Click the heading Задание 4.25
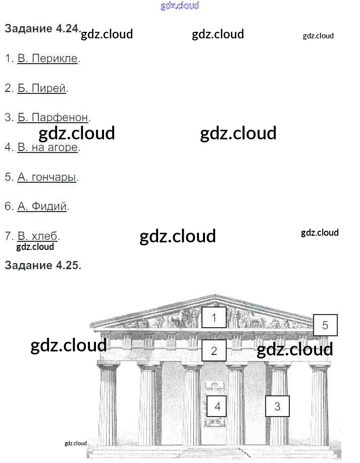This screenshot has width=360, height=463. [42, 266]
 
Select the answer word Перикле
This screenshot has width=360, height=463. [55, 59]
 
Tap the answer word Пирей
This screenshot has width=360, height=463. [48, 88]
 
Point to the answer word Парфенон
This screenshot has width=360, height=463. [60, 118]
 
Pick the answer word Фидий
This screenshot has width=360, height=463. [48, 207]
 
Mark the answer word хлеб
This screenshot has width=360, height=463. [45, 236]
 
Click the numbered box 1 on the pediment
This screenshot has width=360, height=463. [214, 318]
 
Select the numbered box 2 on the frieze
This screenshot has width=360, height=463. [214, 351]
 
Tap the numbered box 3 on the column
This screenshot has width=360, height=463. [277, 406]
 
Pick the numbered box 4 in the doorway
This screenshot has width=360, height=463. [217, 406]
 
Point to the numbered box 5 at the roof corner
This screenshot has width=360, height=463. [325, 326]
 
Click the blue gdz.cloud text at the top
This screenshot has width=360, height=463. [180, 6]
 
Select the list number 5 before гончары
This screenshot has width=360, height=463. [8, 177]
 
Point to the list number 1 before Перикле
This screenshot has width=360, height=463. [8, 59]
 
